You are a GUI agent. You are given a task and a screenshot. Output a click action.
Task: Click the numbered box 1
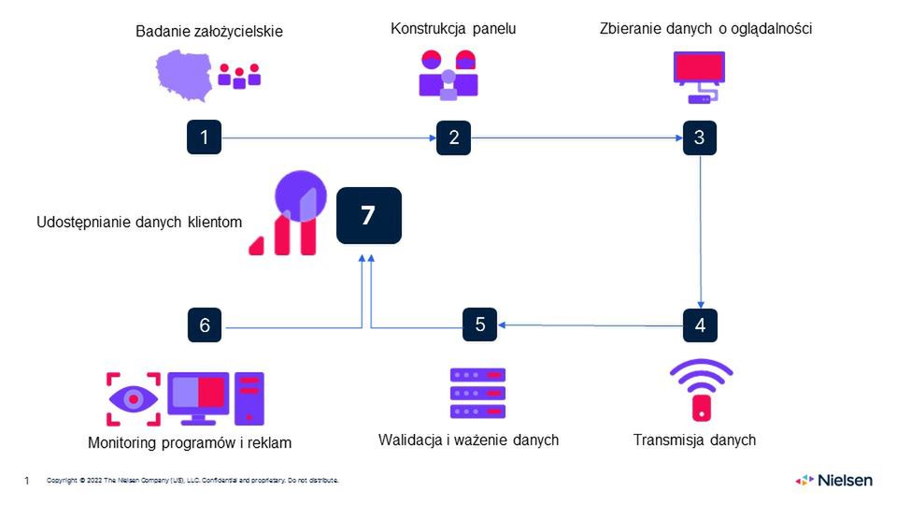[x=204, y=137]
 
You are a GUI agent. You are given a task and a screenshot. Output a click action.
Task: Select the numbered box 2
[x=453, y=137]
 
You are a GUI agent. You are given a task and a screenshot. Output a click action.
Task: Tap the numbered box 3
[x=700, y=137]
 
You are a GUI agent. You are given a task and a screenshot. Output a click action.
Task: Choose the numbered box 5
[x=480, y=325]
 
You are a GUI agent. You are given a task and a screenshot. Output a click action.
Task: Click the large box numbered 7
[x=368, y=216]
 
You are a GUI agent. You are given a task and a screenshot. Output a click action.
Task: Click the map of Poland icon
[x=184, y=74]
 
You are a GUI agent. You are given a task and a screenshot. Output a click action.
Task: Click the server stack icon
[x=477, y=393]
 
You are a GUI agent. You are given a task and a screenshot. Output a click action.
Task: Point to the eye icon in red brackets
[x=133, y=398]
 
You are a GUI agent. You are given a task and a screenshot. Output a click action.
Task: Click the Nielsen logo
[x=833, y=480]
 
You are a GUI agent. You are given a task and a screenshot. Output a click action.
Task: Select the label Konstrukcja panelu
[x=453, y=29]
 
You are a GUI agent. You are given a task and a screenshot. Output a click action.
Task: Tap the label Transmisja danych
[x=694, y=440]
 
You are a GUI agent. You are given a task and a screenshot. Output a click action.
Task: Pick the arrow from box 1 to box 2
[x=327, y=138]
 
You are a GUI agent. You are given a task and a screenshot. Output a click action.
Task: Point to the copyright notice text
[x=192, y=481]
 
